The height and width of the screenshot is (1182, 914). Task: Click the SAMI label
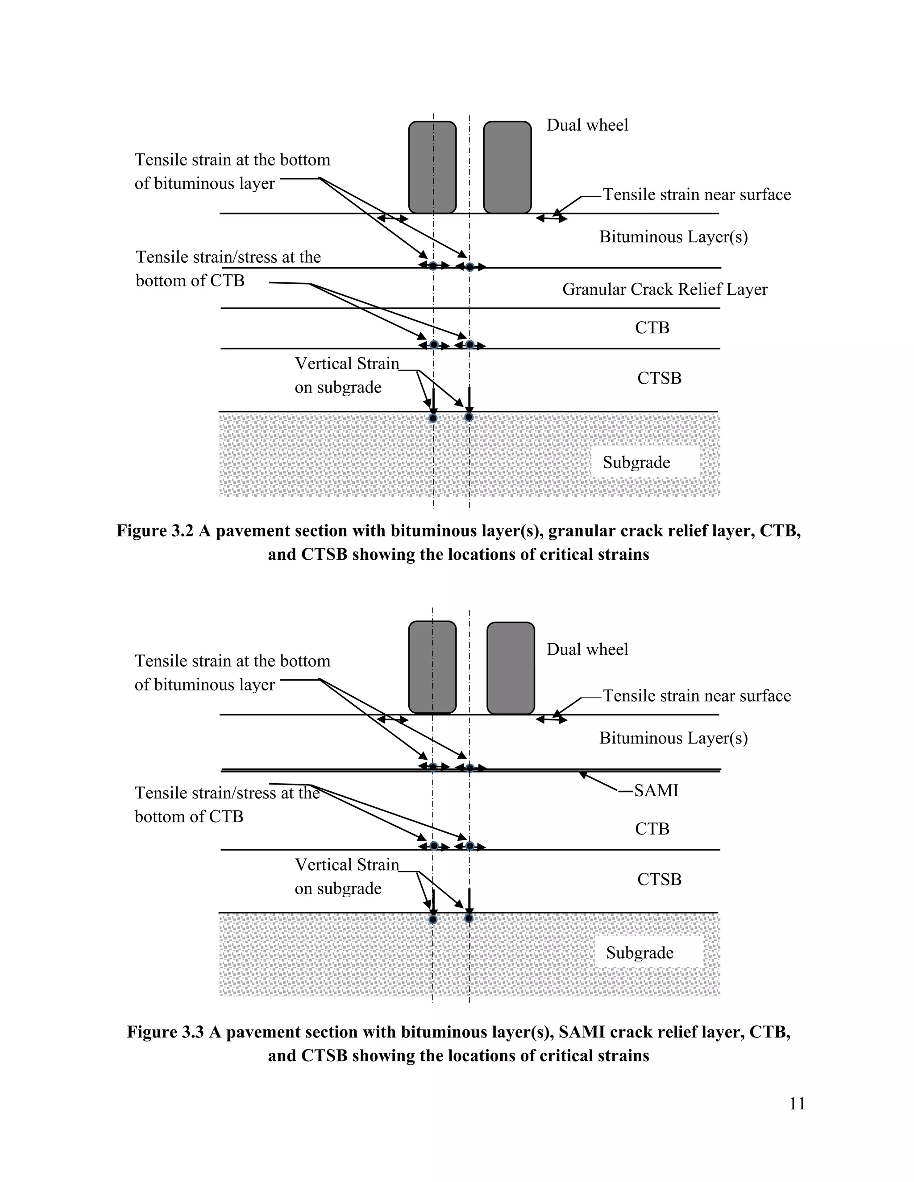[656, 791]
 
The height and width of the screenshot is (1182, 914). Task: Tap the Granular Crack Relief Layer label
[665, 289]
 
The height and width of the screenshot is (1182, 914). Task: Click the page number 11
[797, 1103]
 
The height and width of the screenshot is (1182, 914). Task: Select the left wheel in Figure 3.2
[432, 167]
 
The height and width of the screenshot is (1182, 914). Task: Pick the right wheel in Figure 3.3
[511, 668]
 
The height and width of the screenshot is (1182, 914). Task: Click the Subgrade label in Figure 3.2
[636, 463]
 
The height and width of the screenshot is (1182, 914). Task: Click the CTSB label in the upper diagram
[659, 378]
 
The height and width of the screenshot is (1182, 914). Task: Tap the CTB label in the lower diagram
[652, 829]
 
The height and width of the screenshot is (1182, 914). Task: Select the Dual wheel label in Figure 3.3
[587, 649]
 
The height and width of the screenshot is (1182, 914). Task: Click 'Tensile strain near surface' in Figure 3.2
[697, 195]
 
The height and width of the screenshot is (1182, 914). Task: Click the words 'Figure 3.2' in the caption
[155, 531]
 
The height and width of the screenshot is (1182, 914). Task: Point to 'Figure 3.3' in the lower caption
[165, 1032]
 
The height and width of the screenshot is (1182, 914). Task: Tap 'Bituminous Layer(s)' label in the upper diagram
[673, 237]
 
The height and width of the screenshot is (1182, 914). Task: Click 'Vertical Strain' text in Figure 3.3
[346, 865]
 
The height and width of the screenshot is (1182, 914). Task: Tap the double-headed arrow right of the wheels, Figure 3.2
[551, 219]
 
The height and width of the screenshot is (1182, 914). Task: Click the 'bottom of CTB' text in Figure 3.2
[190, 281]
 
